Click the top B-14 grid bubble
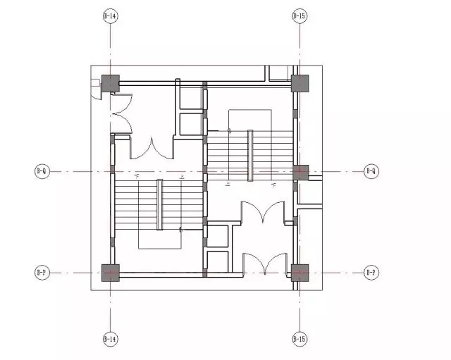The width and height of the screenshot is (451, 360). click(x=110, y=15)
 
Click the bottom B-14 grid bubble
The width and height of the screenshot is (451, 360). click(x=110, y=339)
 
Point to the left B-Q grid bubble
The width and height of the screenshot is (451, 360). click(x=42, y=170)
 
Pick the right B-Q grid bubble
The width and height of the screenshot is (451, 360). click(x=371, y=170)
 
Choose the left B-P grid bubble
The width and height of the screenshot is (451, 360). click(x=42, y=272)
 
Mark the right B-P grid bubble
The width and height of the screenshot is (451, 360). click(x=371, y=272)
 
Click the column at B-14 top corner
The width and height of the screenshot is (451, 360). click(x=111, y=82)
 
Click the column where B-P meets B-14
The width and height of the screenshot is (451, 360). click(x=111, y=272)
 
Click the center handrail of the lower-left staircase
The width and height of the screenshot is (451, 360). click(x=159, y=204)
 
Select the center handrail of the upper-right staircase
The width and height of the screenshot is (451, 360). click(x=250, y=154)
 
